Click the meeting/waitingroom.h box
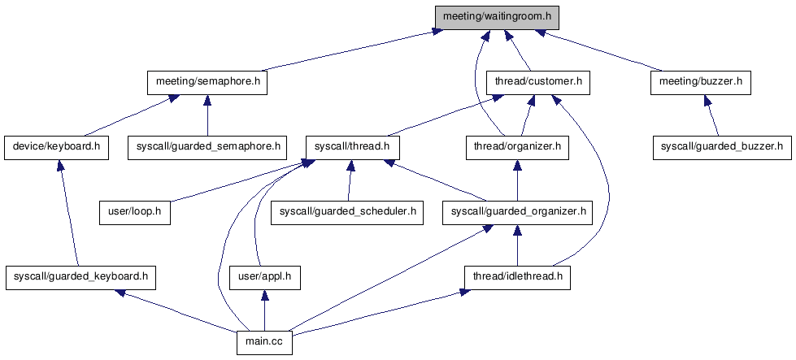[x=497, y=16]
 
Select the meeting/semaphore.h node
[x=207, y=82]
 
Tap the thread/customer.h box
[x=537, y=82]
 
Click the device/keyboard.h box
[x=57, y=147]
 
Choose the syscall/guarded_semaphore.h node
[x=207, y=147]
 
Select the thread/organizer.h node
[x=516, y=147]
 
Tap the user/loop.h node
[x=135, y=212]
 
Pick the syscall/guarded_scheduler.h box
[x=348, y=212]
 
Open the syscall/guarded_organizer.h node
[x=517, y=212]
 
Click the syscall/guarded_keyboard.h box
[x=80, y=277]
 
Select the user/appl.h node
[x=262, y=277]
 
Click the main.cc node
[x=264, y=342]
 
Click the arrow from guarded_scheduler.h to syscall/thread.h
[x=350, y=180]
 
